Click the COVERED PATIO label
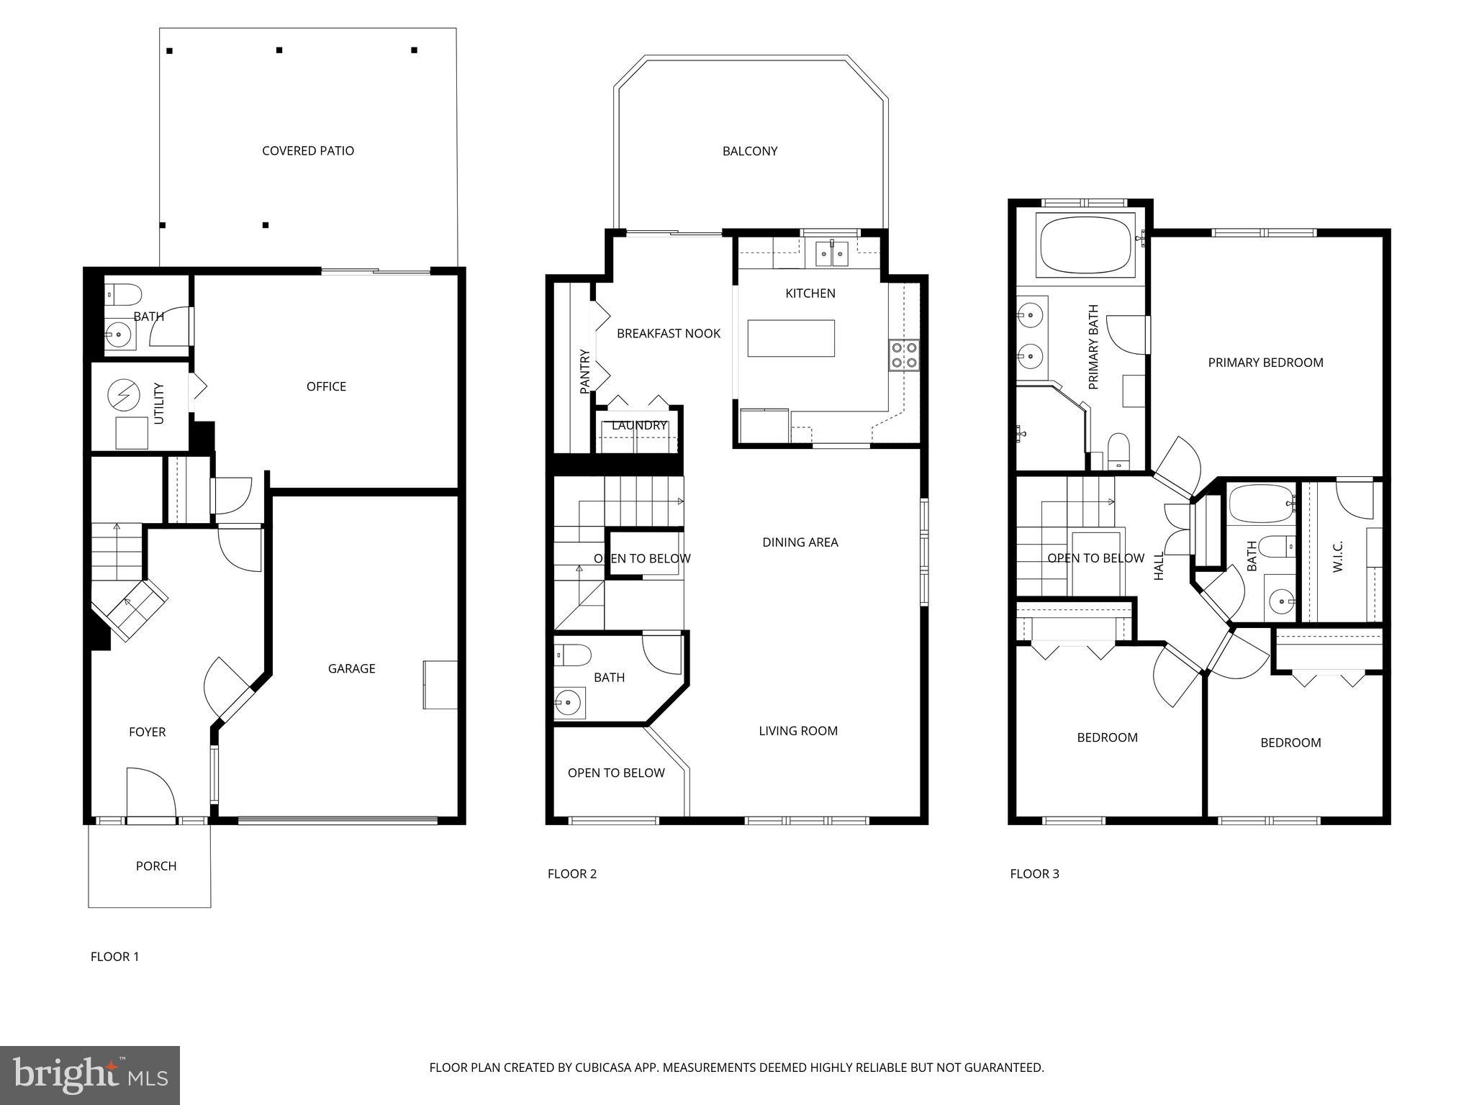(x=307, y=151)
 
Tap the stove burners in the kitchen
(x=904, y=355)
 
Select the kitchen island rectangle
(x=790, y=338)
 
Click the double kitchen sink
(x=831, y=254)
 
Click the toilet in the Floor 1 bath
(x=124, y=294)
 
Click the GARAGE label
(x=351, y=669)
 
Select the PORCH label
(x=156, y=866)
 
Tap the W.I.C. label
(x=1338, y=556)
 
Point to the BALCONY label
(x=749, y=151)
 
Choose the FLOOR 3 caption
(x=1034, y=874)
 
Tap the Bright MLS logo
(x=90, y=1075)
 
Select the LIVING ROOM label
(x=797, y=731)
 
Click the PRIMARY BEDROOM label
(x=1265, y=363)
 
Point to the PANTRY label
(x=584, y=371)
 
